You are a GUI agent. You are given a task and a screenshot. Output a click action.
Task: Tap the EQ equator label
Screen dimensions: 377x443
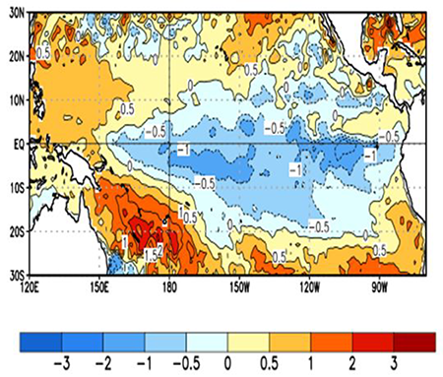point(15,143)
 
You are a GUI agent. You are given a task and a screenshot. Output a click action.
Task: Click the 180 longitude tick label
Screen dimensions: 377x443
point(169,288)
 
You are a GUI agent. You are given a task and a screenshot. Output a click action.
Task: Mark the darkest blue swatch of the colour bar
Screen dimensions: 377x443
point(37,342)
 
